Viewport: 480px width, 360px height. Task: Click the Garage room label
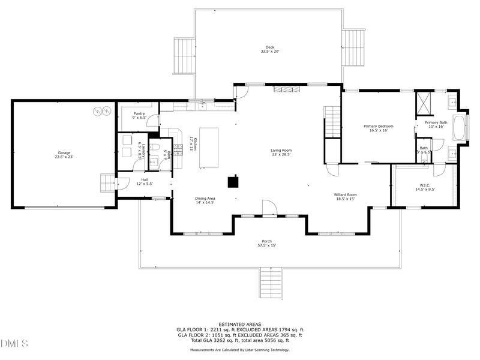click(x=64, y=153)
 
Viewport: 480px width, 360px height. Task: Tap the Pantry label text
click(x=139, y=113)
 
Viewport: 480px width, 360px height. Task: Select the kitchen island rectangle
click(x=209, y=148)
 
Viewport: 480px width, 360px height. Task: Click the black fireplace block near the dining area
click(x=233, y=181)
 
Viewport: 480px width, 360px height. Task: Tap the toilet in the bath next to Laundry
click(x=155, y=147)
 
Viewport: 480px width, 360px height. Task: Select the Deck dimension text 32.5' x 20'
click(x=269, y=52)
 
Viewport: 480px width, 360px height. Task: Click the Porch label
click(x=267, y=241)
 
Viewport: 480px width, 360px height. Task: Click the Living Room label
click(x=281, y=150)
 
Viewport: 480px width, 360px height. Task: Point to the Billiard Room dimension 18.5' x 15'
click(x=345, y=199)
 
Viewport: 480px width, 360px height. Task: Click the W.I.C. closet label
click(x=425, y=185)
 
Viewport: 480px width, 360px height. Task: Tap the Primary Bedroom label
click(x=379, y=126)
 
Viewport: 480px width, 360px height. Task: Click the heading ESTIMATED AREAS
click(x=239, y=324)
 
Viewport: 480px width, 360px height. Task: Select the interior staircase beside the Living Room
click(x=332, y=122)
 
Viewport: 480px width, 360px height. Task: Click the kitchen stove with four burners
click(x=178, y=148)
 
